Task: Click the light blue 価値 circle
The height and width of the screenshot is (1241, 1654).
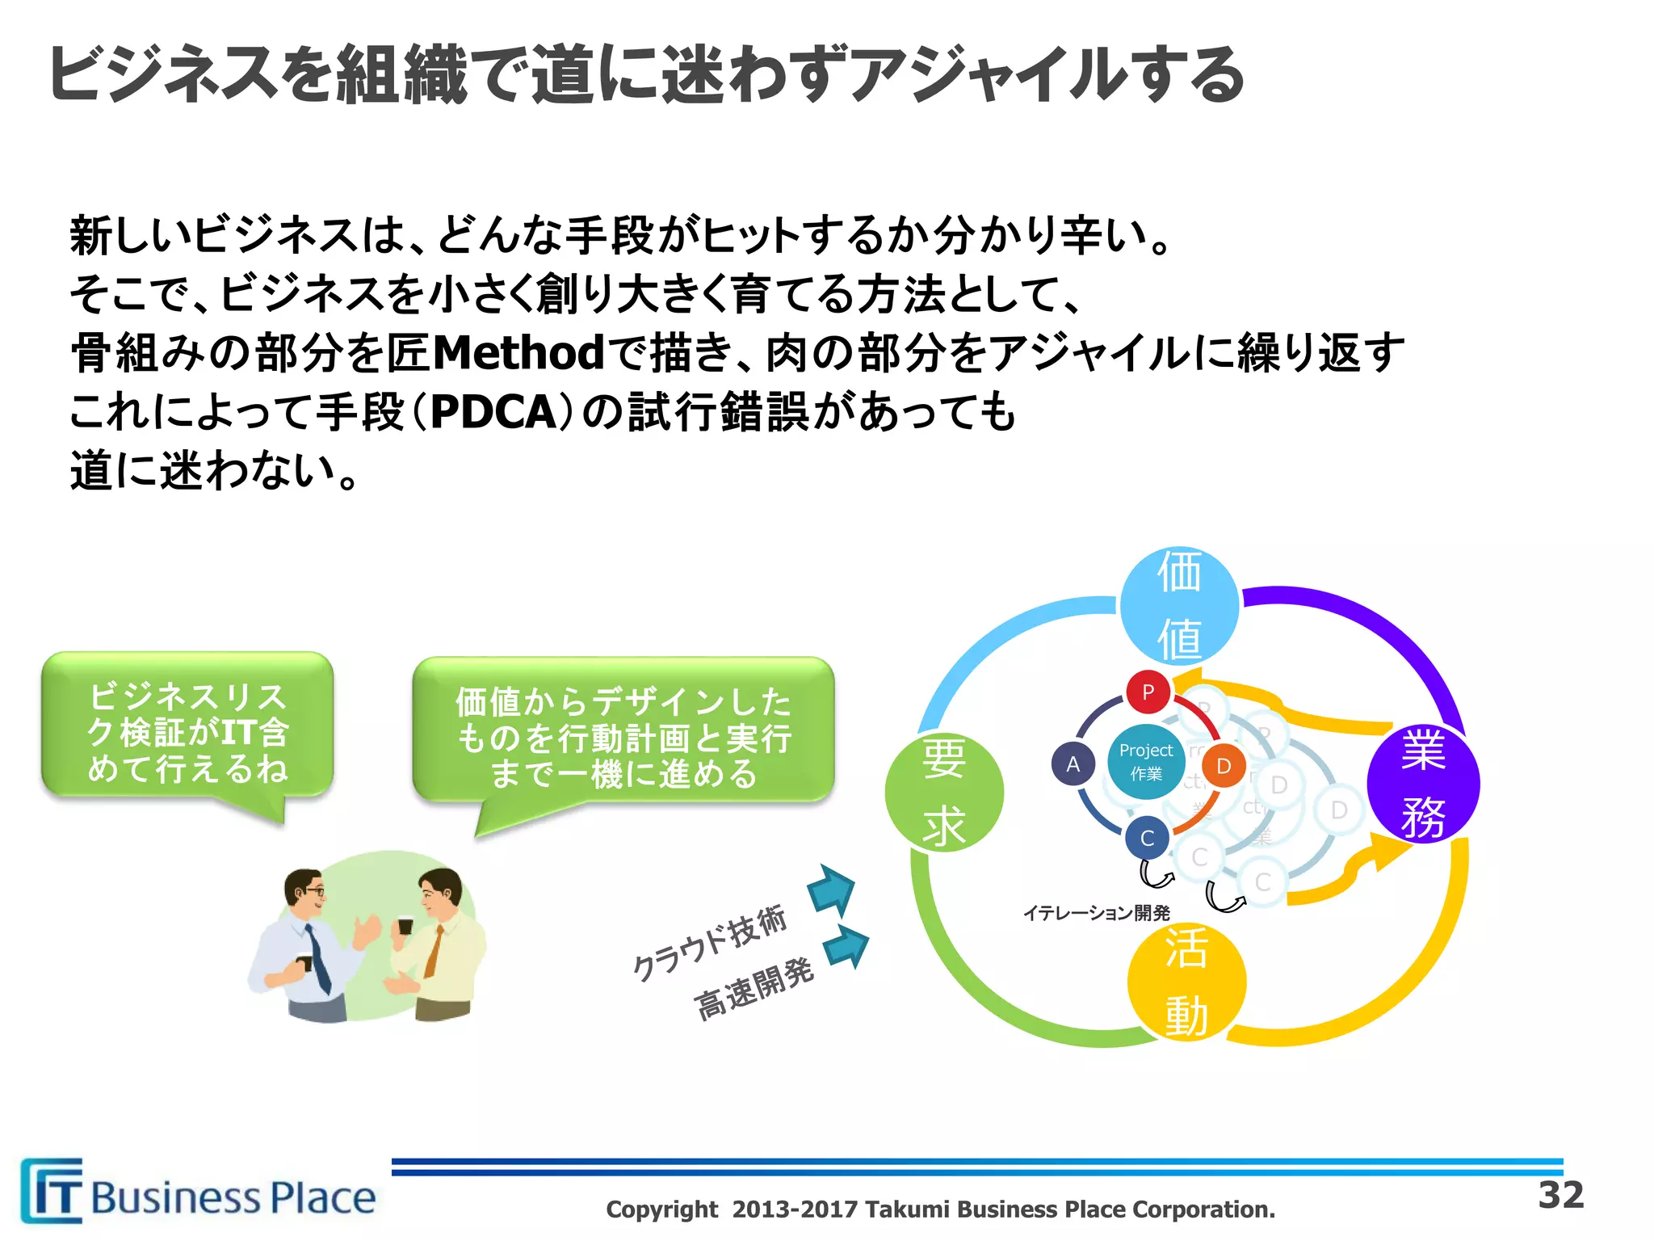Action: point(1179,606)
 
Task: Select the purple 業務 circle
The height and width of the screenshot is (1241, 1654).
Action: point(1423,784)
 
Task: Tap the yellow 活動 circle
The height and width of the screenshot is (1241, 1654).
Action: point(1186,981)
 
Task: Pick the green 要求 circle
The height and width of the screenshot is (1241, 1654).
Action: point(944,793)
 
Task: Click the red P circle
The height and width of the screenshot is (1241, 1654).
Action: point(1148,692)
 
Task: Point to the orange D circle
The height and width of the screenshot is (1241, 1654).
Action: point(1224,766)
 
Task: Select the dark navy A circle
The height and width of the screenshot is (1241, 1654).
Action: point(1073,764)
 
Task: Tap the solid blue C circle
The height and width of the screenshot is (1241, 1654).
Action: point(1147,839)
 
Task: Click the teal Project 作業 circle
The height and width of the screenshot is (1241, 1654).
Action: point(1146,761)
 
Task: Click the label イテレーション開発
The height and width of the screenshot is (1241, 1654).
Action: point(1096,913)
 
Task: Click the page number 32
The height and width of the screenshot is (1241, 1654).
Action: point(1560,1195)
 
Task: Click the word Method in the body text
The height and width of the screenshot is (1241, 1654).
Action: point(518,353)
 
